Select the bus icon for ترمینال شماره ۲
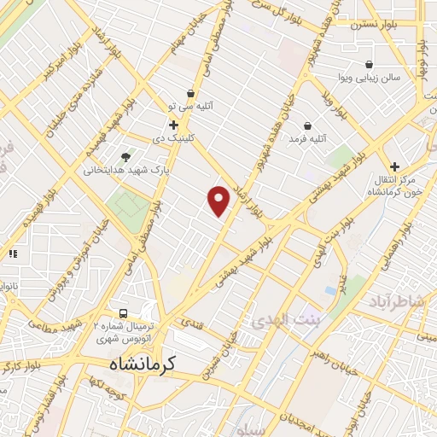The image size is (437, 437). pyautogui.click(x=125, y=313)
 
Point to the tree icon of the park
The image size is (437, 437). pyautogui.click(x=126, y=156)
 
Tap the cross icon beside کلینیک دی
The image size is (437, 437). pyautogui.click(x=173, y=125)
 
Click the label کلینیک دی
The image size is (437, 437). pyautogui.click(x=173, y=137)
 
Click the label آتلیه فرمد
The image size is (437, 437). pyautogui.click(x=308, y=138)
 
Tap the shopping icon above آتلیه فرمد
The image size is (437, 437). pyautogui.click(x=307, y=125)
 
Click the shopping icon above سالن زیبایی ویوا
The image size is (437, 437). pyautogui.click(x=368, y=64)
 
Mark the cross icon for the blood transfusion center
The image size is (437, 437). pyautogui.click(x=394, y=166)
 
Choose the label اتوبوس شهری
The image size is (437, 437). pyautogui.click(x=125, y=337)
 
